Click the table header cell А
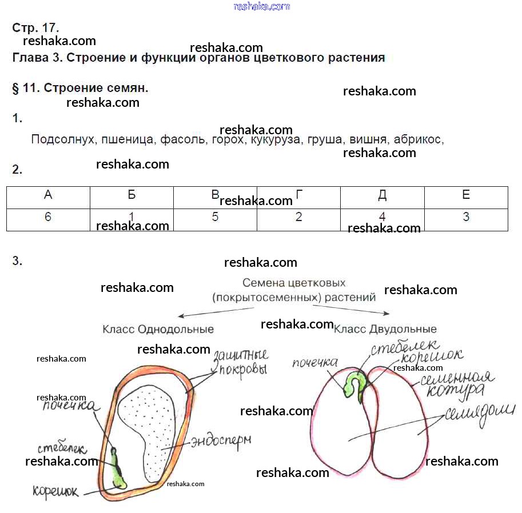click(x=48, y=195)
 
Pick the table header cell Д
click(x=382, y=195)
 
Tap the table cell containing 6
click(x=48, y=218)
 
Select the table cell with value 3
click(x=466, y=218)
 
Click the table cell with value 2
click(x=298, y=218)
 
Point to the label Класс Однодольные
click(x=158, y=330)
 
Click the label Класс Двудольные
click(x=385, y=330)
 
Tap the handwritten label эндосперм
click(x=221, y=442)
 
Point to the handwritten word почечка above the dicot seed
click(x=314, y=363)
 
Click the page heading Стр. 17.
click(x=35, y=27)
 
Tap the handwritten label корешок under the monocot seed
click(x=56, y=491)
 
